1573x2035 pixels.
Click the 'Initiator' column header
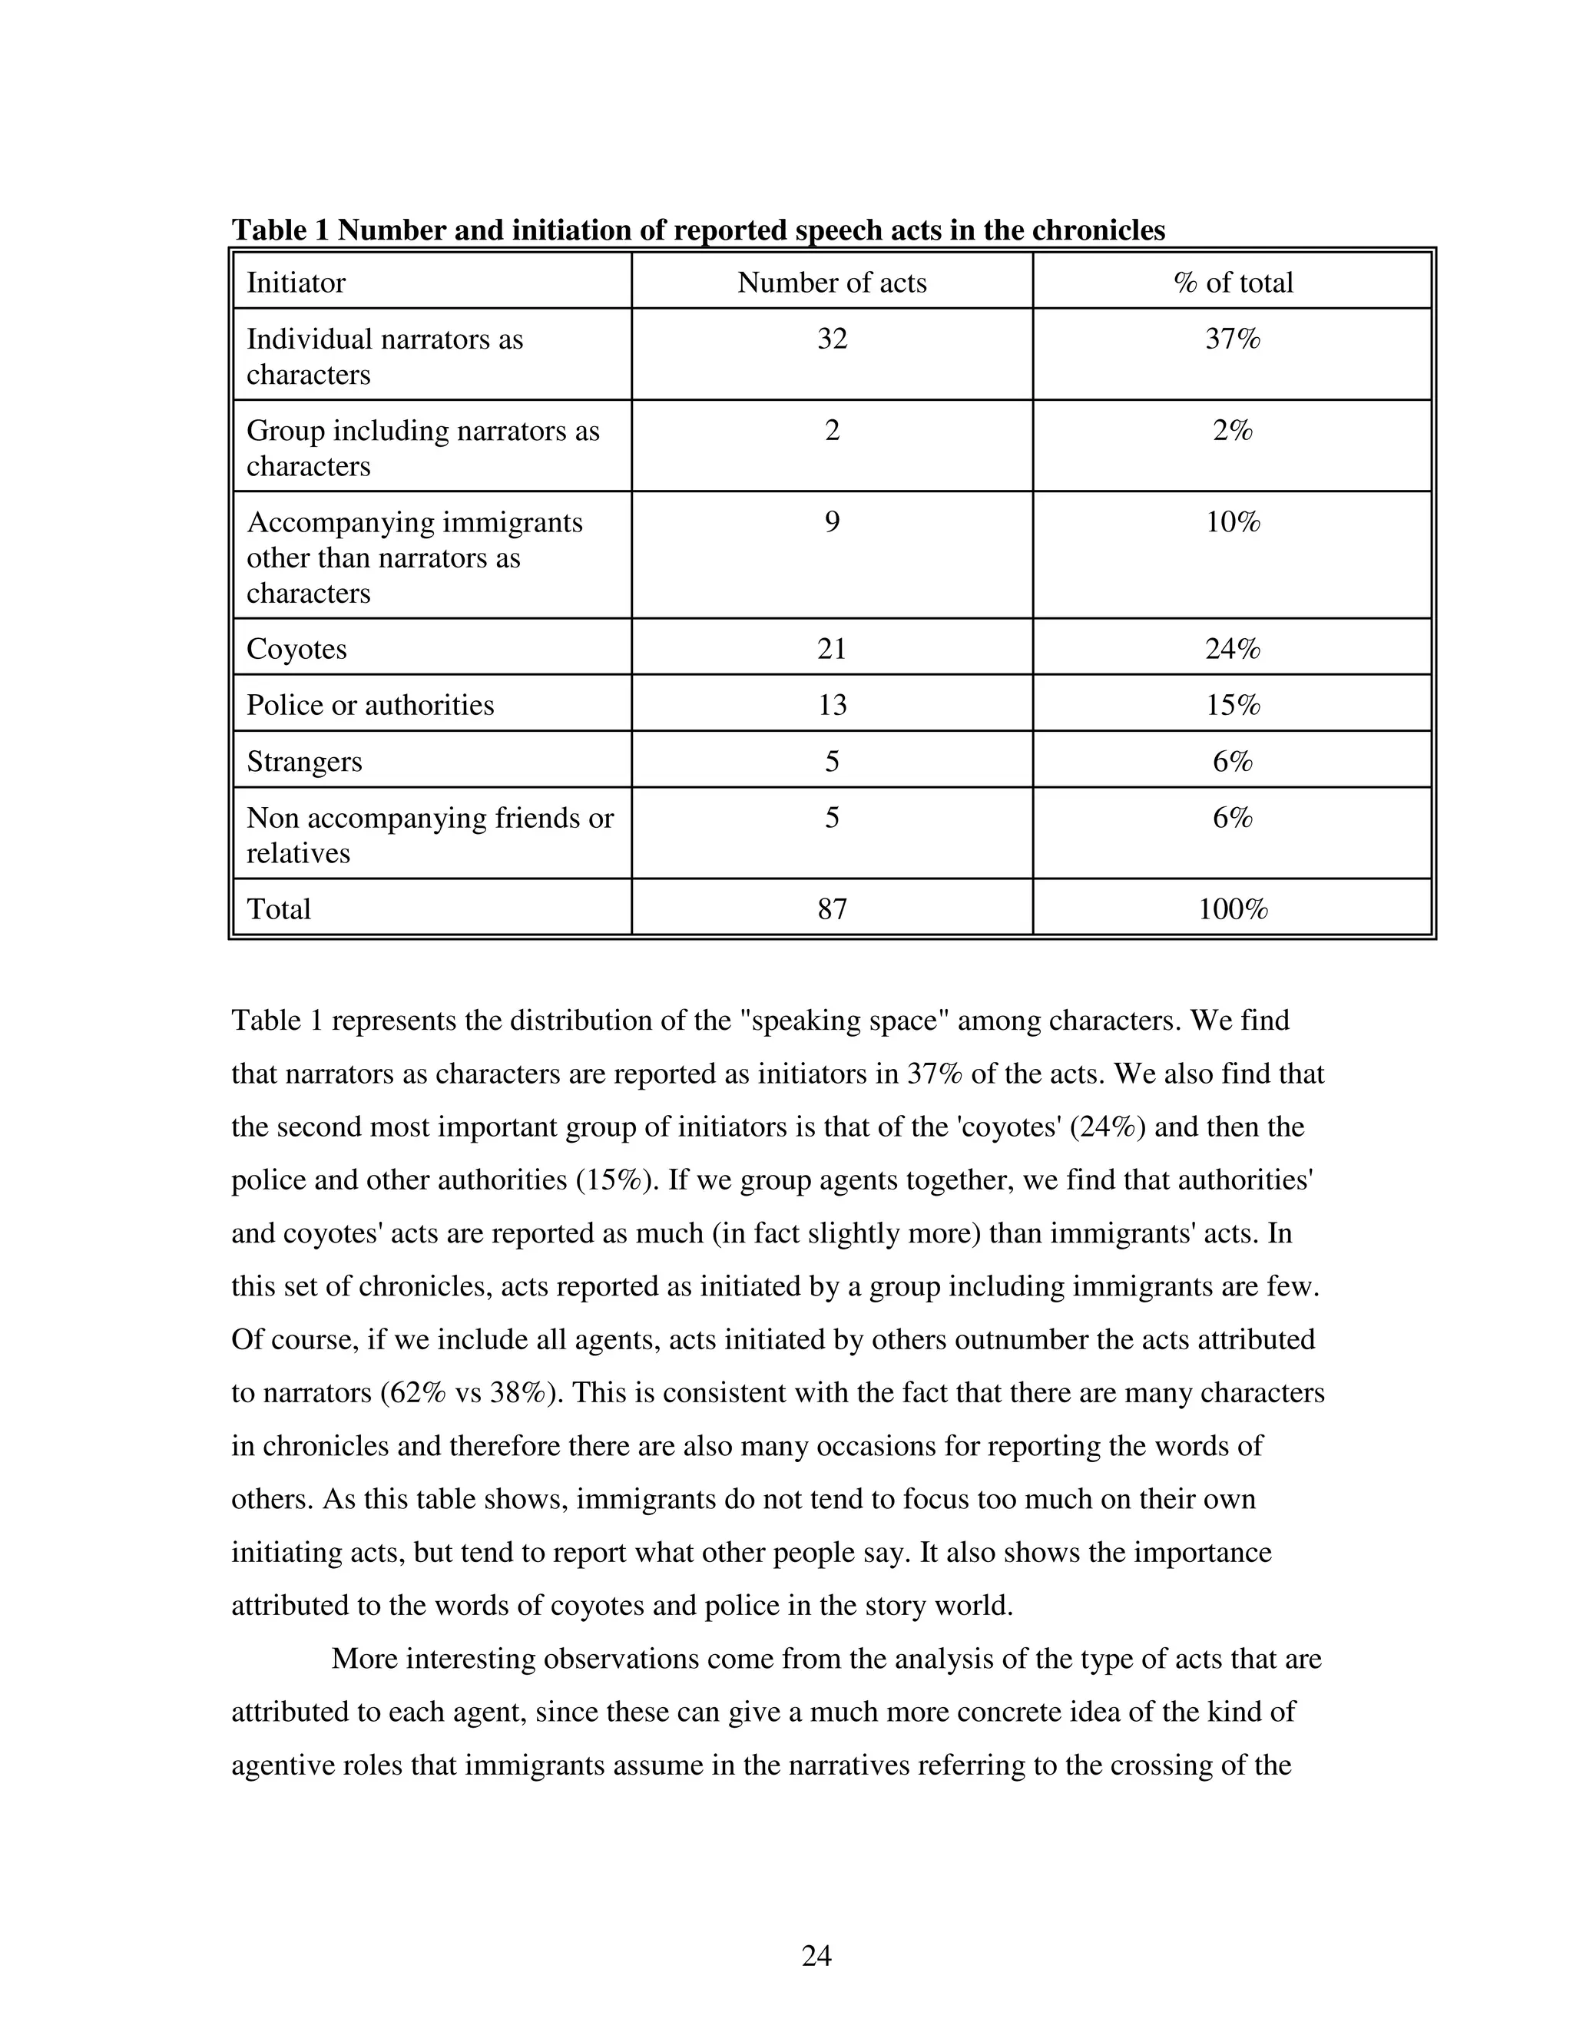(x=296, y=283)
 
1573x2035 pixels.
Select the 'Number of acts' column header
(x=831, y=283)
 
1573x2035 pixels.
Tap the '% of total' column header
(x=1232, y=283)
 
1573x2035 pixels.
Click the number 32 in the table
(x=831, y=338)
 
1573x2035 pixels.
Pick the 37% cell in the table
(x=1232, y=338)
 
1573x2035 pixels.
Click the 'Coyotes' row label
(x=296, y=649)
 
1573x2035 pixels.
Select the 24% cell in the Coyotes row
(x=1232, y=649)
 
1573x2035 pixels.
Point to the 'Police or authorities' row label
(x=370, y=704)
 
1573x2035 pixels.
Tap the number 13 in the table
(x=831, y=704)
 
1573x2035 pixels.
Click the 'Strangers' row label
(x=304, y=761)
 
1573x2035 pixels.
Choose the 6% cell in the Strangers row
(x=1232, y=761)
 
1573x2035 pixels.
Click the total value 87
(x=831, y=908)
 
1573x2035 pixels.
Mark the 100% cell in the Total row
(x=1232, y=908)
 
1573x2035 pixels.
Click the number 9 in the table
(x=831, y=521)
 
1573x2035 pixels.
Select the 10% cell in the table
(x=1232, y=521)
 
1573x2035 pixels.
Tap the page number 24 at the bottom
(x=816, y=1955)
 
